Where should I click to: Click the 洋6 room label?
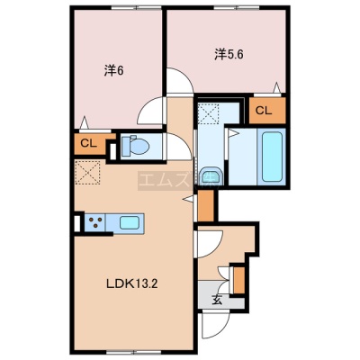[114, 70]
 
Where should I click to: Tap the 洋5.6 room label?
[229, 55]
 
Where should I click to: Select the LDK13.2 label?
[132, 283]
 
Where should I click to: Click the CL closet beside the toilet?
[90, 144]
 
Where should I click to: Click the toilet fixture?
[135, 147]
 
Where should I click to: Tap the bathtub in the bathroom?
[272, 157]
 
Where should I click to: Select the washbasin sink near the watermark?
[211, 176]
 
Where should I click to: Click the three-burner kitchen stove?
[95, 222]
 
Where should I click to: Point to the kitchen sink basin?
[130, 222]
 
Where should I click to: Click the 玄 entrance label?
[217, 301]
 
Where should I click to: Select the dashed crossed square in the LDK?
[87, 173]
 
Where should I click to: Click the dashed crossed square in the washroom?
[210, 112]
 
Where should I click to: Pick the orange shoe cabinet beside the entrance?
[238, 280]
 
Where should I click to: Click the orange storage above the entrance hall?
[205, 205]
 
